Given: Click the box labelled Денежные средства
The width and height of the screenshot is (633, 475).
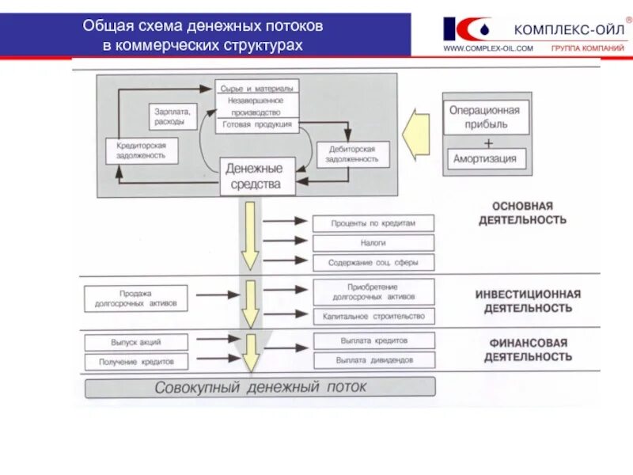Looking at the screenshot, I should [255, 177].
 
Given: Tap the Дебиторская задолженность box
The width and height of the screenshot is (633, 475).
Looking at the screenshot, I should [354, 154].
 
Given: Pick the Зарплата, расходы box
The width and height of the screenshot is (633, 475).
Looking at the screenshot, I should [170, 117].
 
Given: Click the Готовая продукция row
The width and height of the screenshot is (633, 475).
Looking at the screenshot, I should [256, 124].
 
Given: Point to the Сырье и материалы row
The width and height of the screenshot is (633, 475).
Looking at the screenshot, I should [256, 87].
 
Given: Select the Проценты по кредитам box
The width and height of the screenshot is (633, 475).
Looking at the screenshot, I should [373, 223].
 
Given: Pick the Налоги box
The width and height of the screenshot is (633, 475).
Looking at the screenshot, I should [373, 243].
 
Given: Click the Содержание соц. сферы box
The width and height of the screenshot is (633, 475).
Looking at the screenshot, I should [373, 263].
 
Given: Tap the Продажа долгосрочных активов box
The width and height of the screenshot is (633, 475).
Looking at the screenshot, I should [136, 298].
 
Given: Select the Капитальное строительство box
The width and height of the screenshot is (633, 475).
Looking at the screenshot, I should [373, 316].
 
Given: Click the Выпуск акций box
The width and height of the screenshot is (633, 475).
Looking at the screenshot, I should [136, 342].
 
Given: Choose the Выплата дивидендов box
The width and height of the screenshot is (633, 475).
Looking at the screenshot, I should [373, 360].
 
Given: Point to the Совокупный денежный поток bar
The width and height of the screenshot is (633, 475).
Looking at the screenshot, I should [260, 388].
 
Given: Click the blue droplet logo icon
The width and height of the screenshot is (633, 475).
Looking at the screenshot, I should [477, 28].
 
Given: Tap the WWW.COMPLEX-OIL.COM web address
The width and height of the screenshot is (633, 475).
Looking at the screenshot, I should [487, 49].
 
